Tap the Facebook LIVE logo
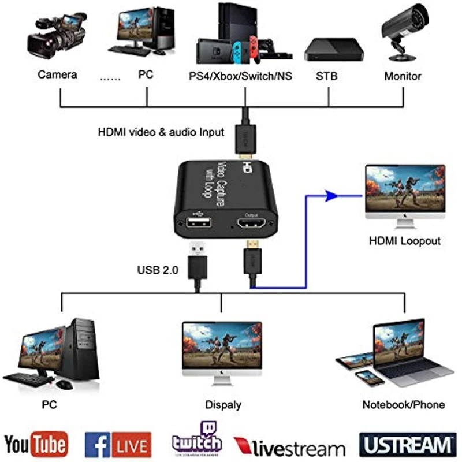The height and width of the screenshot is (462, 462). tap(118, 445)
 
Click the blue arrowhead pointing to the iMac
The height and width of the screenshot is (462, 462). tap(330, 196)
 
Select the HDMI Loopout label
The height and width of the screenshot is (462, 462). tap(404, 240)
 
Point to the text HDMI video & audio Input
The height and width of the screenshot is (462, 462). tap(161, 132)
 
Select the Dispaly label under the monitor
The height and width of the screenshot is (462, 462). tap(223, 404)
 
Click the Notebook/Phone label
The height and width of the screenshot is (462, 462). tap(403, 404)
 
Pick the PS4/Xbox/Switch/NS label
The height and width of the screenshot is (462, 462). tap(240, 76)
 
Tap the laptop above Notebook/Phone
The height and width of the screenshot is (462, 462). tap(404, 352)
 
